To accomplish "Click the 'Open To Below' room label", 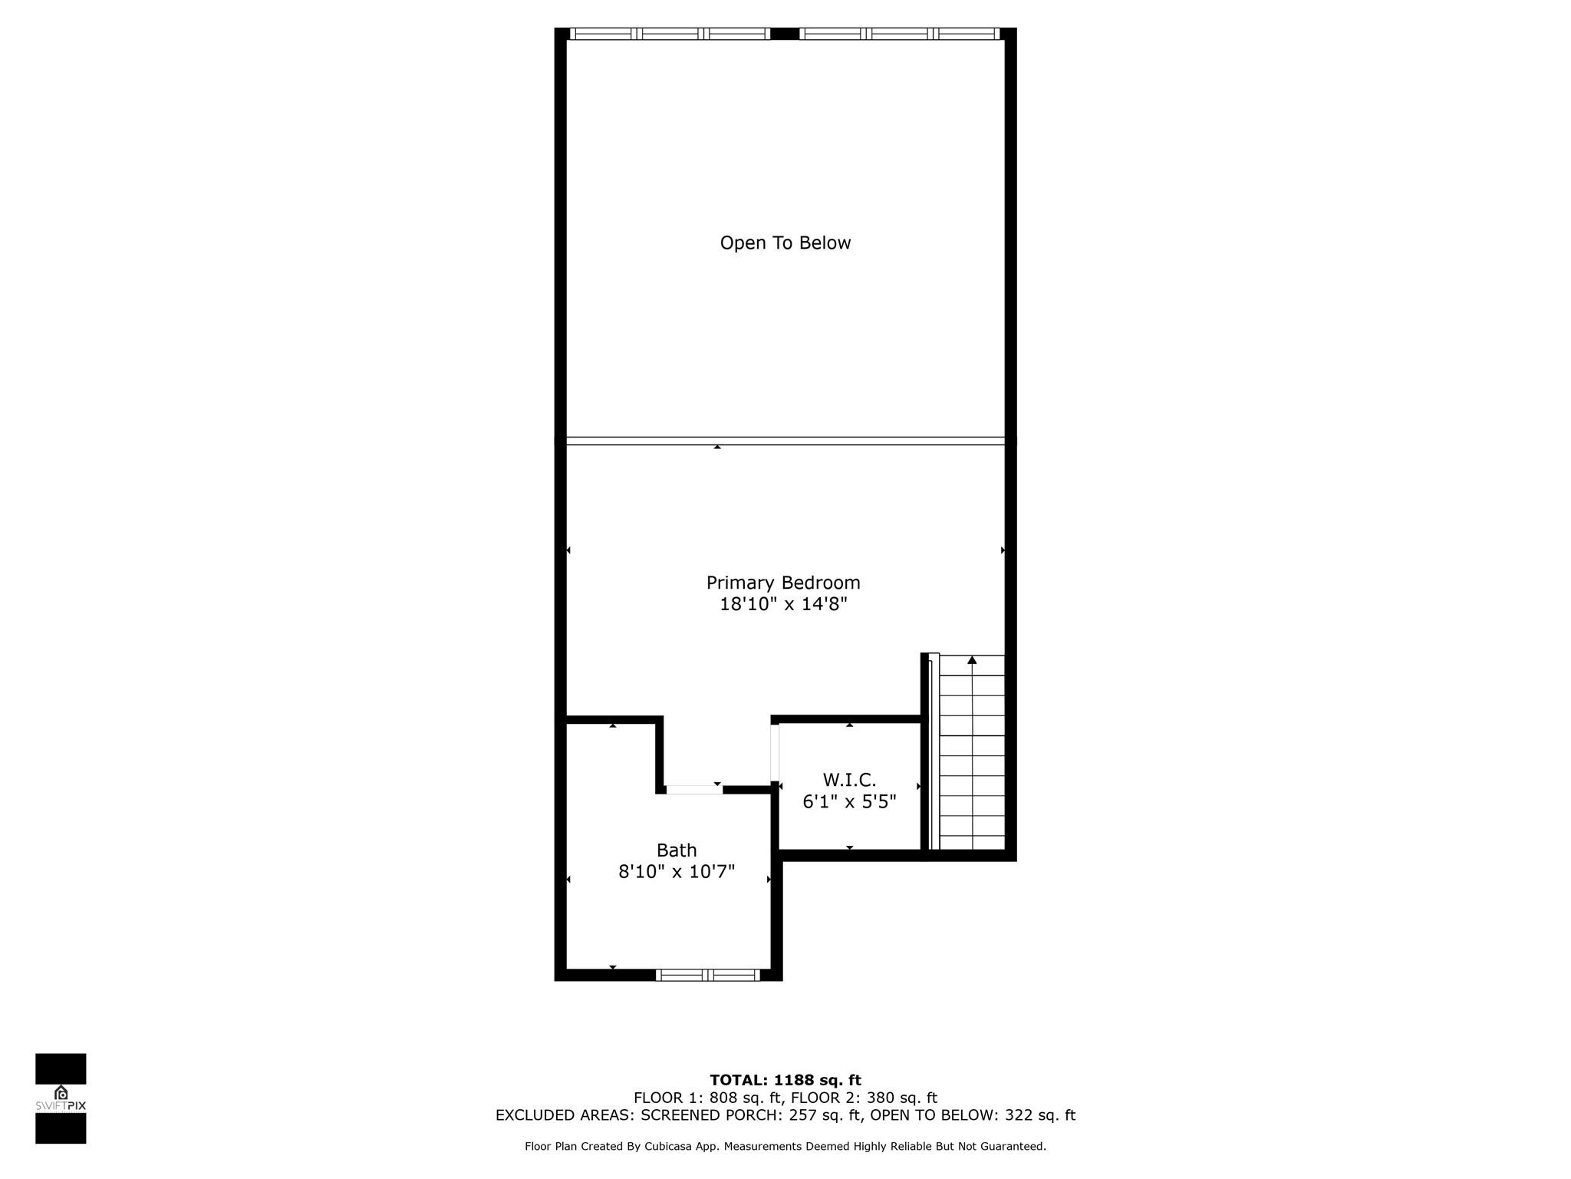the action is pyautogui.click(x=785, y=243).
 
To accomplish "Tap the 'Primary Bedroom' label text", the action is pyautogui.click(x=783, y=583).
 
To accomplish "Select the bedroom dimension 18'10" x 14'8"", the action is pyautogui.click(x=783, y=604).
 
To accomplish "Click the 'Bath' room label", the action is pyautogui.click(x=677, y=850).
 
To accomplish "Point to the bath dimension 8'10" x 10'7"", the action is pyautogui.click(x=677, y=871).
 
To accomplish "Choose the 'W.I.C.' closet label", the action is pyautogui.click(x=849, y=781).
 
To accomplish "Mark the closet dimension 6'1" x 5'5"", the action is pyautogui.click(x=849, y=802).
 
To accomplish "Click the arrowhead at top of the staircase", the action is pyautogui.click(x=972, y=660).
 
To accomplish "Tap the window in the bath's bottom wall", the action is pyautogui.click(x=708, y=975).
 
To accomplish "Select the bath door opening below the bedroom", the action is pyautogui.click(x=694, y=789).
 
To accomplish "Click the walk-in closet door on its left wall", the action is pyautogui.click(x=775, y=752).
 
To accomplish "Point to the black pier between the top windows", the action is pyautogui.click(x=785, y=34).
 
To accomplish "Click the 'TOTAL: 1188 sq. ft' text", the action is pyautogui.click(x=785, y=1081).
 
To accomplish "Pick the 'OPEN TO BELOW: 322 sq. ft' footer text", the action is pyautogui.click(x=973, y=1115).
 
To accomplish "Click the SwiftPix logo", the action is pyautogui.click(x=61, y=1098).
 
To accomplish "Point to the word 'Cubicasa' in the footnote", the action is pyautogui.click(x=670, y=1147).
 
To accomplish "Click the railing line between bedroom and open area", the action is pyautogui.click(x=785, y=441).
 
